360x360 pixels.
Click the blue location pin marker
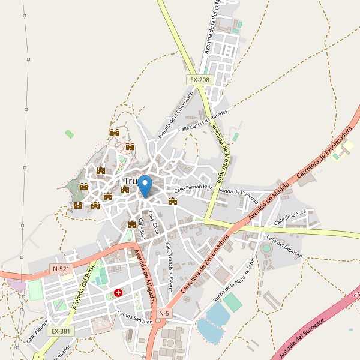pos(145,185)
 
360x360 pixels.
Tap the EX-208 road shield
pos(200,80)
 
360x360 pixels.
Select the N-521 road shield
pos(61,269)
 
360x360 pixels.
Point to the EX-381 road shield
pos(61,331)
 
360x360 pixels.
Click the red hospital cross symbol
pos(118,293)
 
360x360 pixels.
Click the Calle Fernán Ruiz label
pos(193,188)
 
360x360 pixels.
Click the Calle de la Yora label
pos(291,217)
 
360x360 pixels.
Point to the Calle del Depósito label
pos(286,247)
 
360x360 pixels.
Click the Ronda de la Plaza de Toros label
pos(235,280)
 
